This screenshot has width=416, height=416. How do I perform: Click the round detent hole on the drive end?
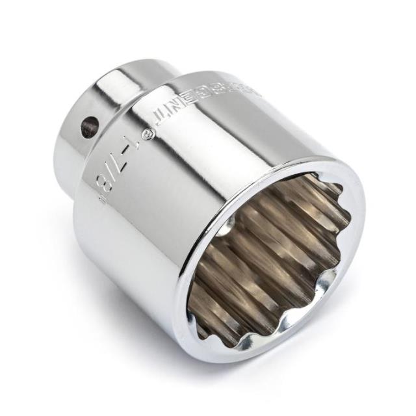[x=88, y=126]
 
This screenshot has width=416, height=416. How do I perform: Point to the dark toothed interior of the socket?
[x=273, y=260]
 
